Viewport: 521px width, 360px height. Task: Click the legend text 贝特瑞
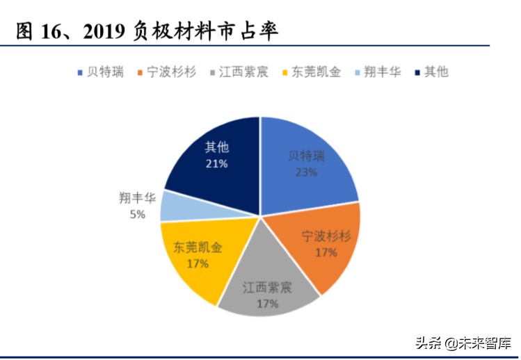coord(105,72)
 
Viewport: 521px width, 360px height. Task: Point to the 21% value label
coord(217,163)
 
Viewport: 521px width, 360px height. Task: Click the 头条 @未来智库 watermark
coord(462,343)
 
